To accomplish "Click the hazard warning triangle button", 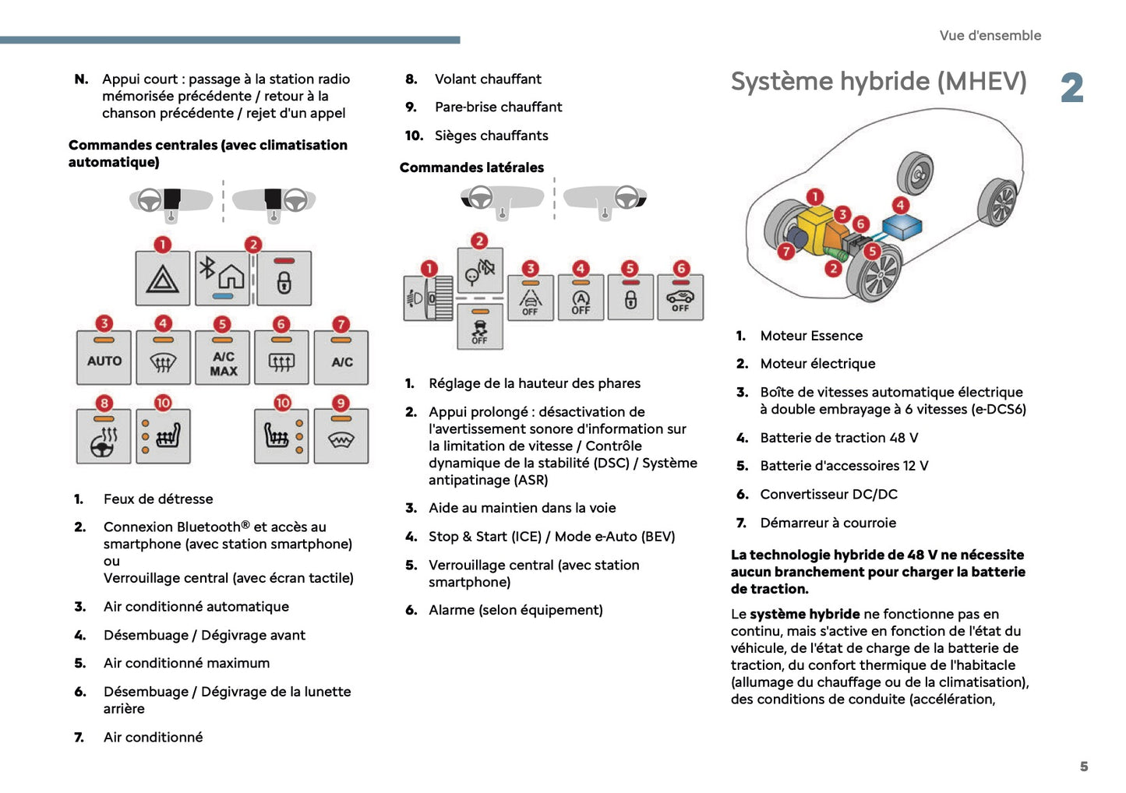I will click(x=162, y=278).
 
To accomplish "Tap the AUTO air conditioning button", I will click(x=104, y=358).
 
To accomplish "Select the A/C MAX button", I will click(x=223, y=359).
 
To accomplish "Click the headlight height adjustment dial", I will click(x=428, y=298).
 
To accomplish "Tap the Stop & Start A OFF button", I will click(x=581, y=298).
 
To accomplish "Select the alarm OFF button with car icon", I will click(x=680, y=298).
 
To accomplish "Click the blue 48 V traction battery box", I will click(x=902, y=227).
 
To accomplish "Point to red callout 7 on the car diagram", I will click(x=786, y=251).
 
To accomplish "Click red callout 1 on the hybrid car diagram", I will click(x=814, y=196).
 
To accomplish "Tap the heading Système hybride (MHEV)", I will click(x=878, y=81).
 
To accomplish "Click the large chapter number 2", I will click(x=1072, y=87).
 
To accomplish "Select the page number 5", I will click(x=1083, y=767).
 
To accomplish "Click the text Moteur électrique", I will click(x=817, y=364).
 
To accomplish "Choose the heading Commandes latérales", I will click(x=471, y=167).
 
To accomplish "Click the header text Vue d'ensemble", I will click(x=990, y=35).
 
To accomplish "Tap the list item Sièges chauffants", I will click(x=491, y=136).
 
